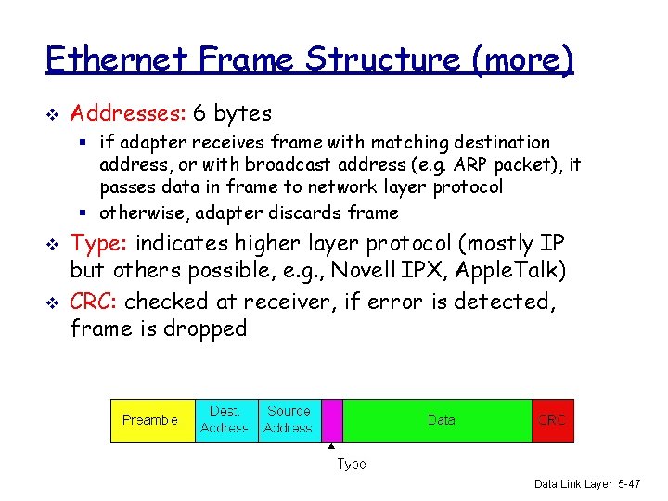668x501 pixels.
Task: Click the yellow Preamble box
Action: point(152,420)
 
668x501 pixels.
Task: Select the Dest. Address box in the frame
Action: point(224,420)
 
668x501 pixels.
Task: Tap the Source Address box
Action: point(289,420)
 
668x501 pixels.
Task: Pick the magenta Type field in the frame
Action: point(332,420)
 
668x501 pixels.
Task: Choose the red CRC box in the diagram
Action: point(552,420)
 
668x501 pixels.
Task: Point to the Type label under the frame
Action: point(351,464)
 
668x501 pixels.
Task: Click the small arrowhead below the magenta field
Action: point(332,448)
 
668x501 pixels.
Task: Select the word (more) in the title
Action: point(523,61)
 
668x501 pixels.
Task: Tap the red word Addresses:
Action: point(129,114)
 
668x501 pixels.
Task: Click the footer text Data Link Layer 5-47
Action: point(586,484)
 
